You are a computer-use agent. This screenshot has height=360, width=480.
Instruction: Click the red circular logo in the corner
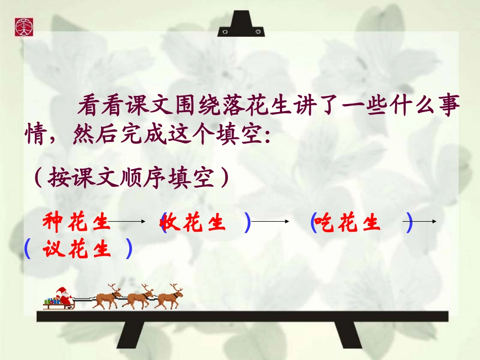(x=23, y=26)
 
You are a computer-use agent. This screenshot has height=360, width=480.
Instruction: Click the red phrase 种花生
(x=75, y=222)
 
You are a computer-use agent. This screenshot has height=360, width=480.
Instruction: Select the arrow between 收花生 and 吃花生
(x=271, y=222)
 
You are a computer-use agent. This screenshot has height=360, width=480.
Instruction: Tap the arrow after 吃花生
(x=425, y=222)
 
